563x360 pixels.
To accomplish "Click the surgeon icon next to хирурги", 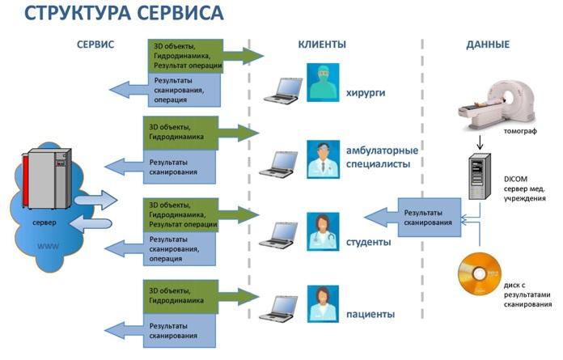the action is coord(323,83).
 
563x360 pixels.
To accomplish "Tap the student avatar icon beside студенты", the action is coord(323,231).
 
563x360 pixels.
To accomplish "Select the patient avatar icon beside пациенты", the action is coord(323,304).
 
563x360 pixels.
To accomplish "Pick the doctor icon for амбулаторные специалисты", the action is coord(323,159).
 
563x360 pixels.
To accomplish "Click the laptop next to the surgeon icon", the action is coord(283,91).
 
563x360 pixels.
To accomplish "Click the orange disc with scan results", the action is coord(480,273).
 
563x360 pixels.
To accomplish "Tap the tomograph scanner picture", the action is coord(497,104).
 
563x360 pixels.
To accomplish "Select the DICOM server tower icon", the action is coord(480,176).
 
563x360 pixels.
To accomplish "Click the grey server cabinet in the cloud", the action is coord(47,179).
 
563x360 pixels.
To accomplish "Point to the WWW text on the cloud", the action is coord(48,246).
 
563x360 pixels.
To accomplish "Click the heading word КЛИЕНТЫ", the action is coord(322,44).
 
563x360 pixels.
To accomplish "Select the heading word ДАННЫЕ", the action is coord(488,44).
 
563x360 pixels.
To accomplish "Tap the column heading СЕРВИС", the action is coord(95,44).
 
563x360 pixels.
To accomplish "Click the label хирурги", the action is coord(366,92).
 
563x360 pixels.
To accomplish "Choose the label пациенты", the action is coord(370,314).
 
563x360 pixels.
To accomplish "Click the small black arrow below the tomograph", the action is coord(480,142).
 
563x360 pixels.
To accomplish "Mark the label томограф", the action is coord(520,131).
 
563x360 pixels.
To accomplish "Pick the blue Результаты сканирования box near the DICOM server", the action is coord(429,218).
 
